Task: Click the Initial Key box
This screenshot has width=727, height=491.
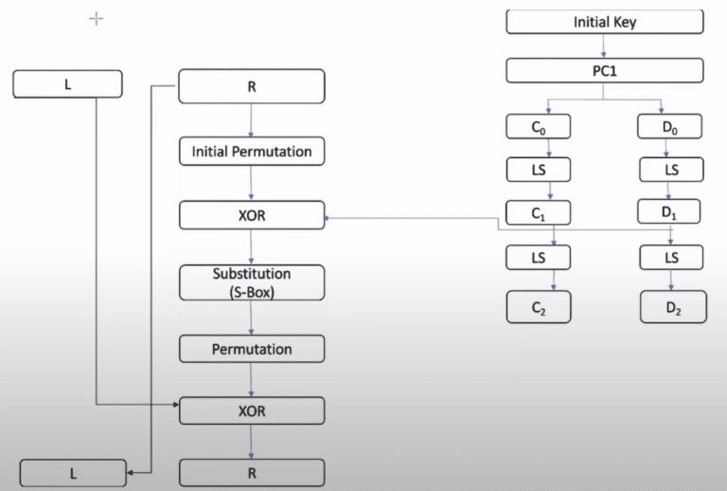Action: click(x=605, y=21)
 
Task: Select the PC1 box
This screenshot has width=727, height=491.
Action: click(x=605, y=70)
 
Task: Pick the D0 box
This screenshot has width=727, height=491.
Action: click(x=671, y=126)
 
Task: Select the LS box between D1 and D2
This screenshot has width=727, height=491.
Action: click(x=671, y=257)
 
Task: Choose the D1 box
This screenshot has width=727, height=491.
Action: click(x=671, y=213)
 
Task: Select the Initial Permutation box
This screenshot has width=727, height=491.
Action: click(x=251, y=151)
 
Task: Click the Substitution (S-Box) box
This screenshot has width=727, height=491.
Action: click(x=251, y=282)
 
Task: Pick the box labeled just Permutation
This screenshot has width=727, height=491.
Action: click(x=251, y=349)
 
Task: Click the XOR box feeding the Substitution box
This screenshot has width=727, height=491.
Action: click(x=251, y=215)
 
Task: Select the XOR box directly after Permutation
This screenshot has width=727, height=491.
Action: click(x=251, y=410)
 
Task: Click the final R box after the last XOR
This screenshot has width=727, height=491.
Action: click(x=251, y=472)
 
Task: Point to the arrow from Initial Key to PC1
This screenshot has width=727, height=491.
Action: click(x=605, y=46)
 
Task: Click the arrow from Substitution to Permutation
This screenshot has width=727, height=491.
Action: click(x=251, y=318)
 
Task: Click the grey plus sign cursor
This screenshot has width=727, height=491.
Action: click(x=96, y=18)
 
